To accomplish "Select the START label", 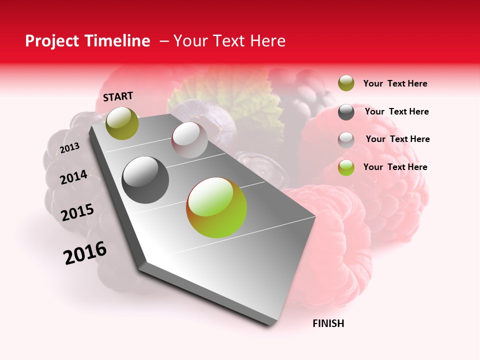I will pyautogui.click(x=118, y=96).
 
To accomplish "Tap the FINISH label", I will pyautogui.click(x=328, y=323).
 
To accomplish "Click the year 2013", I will pyautogui.click(x=69, y=147).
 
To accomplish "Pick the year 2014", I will pyautogui.click(x=73, y=177).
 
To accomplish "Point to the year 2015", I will pyautogui.click(x=77, y=212).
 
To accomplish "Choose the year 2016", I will pyautogui.click(x=85, y=252).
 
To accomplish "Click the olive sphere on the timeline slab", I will pyautogui.click(x=122, y=123).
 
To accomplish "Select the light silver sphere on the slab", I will pyautogui.click(x=189, y=140).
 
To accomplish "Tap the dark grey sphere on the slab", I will pyautogui.click(x=145, y=180).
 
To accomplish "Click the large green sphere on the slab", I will pyautogui.click(x=216, y=207).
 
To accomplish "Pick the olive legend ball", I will pyautogui.click(x=346, y=83).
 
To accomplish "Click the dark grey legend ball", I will pyautogui.click(x=346, y=111).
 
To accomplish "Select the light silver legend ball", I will pyautogui.click(x=346, y=139).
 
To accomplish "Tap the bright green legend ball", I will pyautogui.click(x=346, y=167).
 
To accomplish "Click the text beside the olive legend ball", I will pyautogui.click(x=395, y=83).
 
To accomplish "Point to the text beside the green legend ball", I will pyautogui.click(x=395, y=167).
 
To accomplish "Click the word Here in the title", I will pyautogui.click(x=267, y=41).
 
